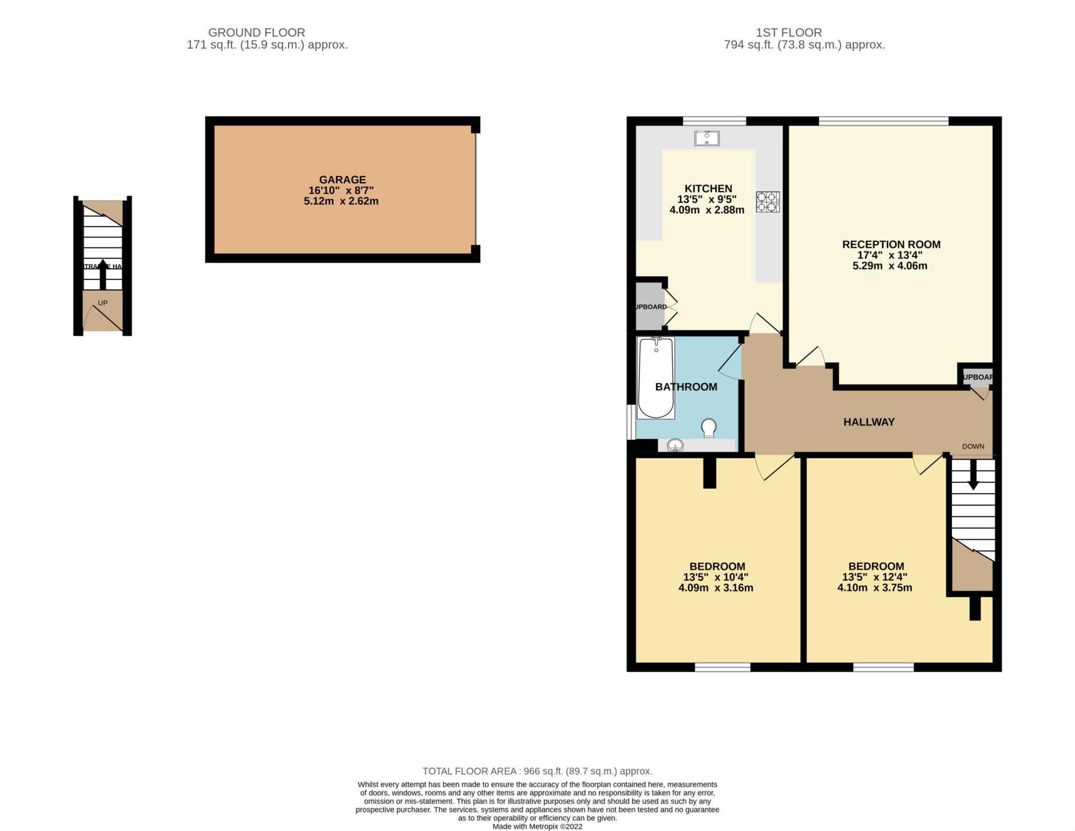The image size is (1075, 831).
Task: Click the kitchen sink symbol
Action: click(x=707, y=138)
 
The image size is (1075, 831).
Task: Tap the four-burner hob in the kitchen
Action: click(x=767, y=202)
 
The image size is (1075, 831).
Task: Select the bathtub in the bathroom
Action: click(x=656, y=378)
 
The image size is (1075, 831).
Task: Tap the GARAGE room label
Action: click(x=342, y=180)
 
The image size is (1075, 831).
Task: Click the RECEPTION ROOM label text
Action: click(x=891, y=244)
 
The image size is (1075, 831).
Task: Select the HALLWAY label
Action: click(x=869, y=422)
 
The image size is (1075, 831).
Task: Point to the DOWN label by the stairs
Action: click(x=973, y=446)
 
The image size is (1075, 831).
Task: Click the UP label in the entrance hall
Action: click(x=103, y=303)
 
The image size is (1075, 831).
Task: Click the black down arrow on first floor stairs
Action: click(x=973, y=475)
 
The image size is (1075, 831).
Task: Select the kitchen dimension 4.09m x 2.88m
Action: click(x=707, y=210)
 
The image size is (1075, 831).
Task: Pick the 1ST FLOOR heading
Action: click(x=789, y=33)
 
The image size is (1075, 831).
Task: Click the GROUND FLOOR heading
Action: click(x=256, y=33)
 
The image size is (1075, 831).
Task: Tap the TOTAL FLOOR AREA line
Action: click(x=537, y=771)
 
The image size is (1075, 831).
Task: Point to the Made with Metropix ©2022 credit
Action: click(x=537, y=826)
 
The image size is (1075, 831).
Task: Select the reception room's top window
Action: click(x=883, y=121)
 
